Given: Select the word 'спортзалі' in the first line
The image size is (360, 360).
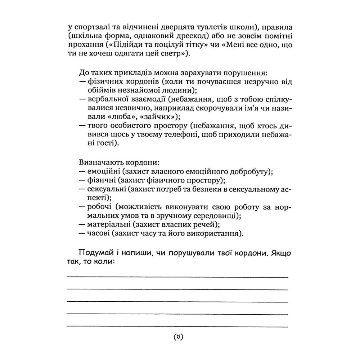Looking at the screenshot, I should point(90,27).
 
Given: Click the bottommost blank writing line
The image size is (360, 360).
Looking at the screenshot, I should point(177,326).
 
